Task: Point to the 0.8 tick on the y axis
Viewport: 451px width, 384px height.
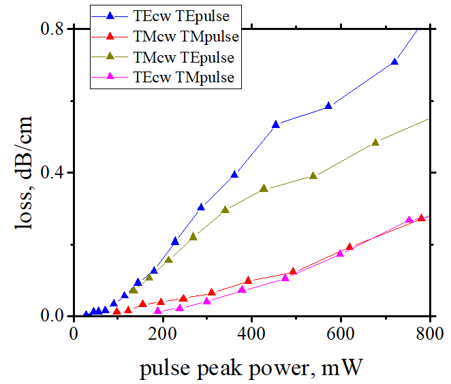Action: click(55, 29)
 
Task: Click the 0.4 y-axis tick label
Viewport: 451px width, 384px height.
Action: click(55, 172)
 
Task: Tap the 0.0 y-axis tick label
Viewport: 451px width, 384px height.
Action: click(55, 316)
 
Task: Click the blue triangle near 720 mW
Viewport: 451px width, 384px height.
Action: click(394, 62)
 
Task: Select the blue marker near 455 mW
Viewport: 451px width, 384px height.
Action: click(276, 125)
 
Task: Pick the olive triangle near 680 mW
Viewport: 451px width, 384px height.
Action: click(375, 142)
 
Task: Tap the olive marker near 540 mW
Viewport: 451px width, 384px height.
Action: click(313, 176)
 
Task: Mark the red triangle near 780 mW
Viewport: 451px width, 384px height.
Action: click(421, 218)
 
